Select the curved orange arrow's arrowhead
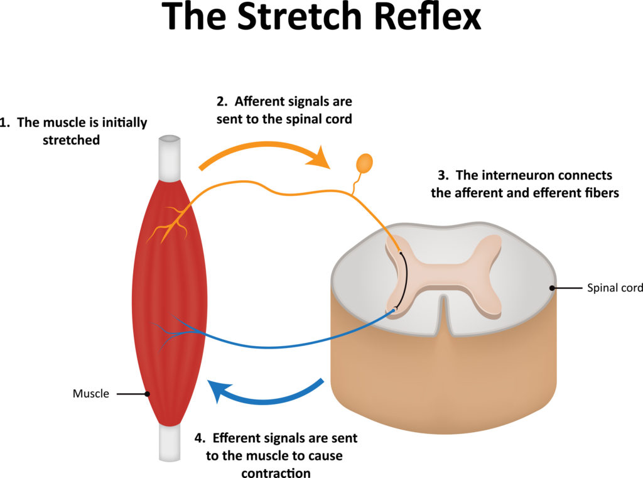click(x=324, y=157)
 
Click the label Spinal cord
click(x=615, y=288)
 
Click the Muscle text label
click(x=91, y=394)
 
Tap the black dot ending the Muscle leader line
click(x=147, y=394)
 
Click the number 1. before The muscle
click(x=6, y=122)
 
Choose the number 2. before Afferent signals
click(x=221, y=101)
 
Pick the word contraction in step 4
click(x=276, y=472)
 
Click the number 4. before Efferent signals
click(x=200, y=437)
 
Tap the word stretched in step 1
click(x=71, y=140)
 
